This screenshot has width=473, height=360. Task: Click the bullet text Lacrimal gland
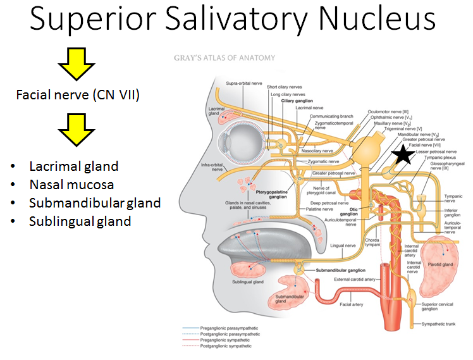pyautogui.click(x=73, y=166)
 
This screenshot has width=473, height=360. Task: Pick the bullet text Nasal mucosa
pyautogui.click(x=71, y=185)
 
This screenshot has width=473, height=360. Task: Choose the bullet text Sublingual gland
pyautogui.click(x=80, y=221)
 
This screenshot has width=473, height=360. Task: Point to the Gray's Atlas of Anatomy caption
pyautogui.click(x=224, y=58)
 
